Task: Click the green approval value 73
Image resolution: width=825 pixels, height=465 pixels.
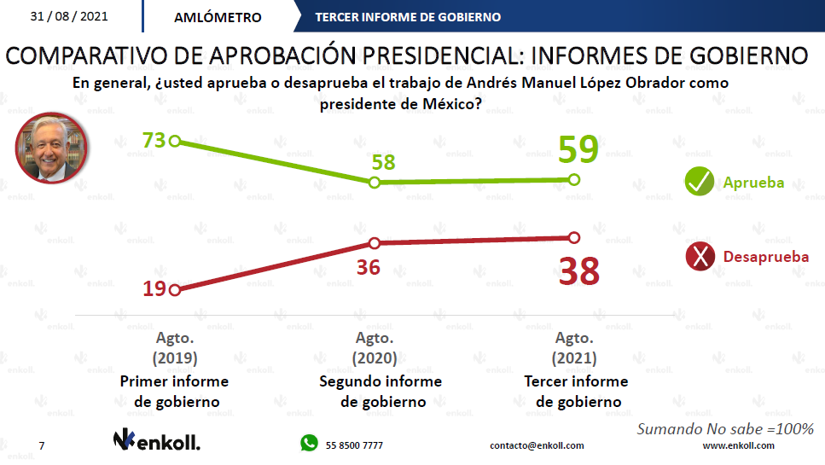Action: click(x=154, y=140)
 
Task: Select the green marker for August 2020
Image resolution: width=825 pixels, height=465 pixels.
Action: click(x=374, y=183)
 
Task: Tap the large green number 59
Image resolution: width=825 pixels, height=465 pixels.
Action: click(x=579, y=150)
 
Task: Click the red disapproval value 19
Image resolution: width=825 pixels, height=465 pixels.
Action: click(x=154, y=289)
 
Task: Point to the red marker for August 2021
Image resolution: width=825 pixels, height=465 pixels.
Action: click(x=573, y=237)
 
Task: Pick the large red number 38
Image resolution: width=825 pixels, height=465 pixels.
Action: click(x=579, y=271)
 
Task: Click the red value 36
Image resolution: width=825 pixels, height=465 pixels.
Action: click(x=368, y=267)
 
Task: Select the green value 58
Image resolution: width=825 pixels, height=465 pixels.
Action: click(x=383, y=161)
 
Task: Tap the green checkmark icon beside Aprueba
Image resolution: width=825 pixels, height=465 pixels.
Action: click(x=700, y=183)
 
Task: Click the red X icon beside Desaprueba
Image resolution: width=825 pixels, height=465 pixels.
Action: click(x=700, y=256)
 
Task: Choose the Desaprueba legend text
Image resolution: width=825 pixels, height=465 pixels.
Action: click(x=765, y=256)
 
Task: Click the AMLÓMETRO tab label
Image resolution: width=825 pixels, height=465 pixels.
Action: click(x=218, y=17)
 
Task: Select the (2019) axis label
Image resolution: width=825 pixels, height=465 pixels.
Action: click(x=175, y=358)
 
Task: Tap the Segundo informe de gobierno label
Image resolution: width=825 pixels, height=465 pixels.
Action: click(x=381, y=392)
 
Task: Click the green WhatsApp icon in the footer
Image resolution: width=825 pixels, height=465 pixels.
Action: click(x=308, y=443)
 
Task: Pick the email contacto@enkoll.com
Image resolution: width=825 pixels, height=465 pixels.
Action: click(x=537, y=445)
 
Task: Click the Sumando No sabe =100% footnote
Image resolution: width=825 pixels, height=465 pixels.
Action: click(x=725, y=428)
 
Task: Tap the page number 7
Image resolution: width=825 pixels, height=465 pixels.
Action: click(x=42, y=445)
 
